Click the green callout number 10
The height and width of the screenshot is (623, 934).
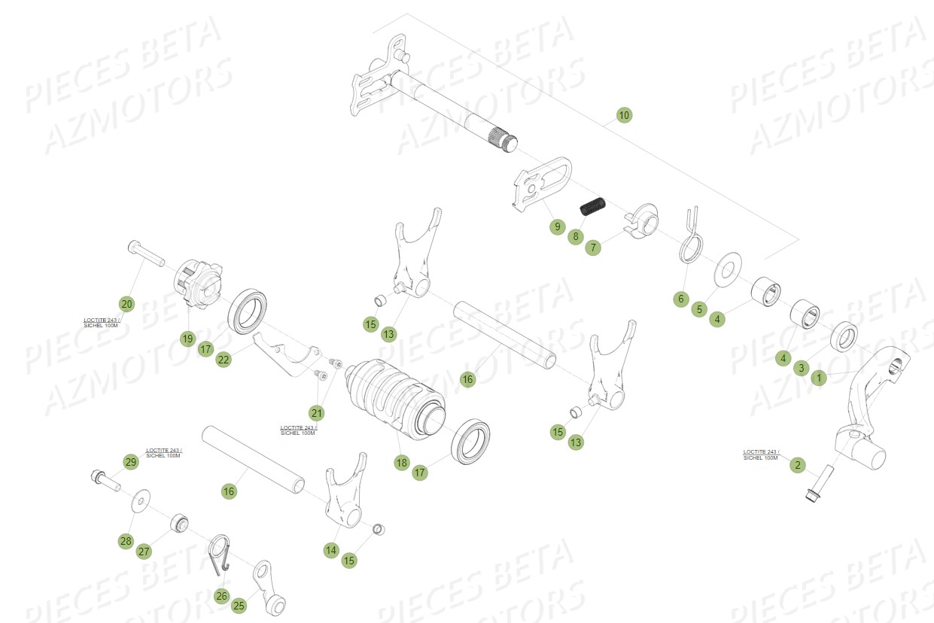click(x=623, y=115)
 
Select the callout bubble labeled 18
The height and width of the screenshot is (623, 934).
click(x=401, y=463)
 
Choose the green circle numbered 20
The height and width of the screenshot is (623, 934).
click(x=126, y=304)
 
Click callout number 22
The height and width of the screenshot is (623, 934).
click(x=224, y=360)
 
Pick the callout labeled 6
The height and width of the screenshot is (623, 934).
click(x=681, y=299)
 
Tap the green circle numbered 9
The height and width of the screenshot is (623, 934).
click(x=556, y=226)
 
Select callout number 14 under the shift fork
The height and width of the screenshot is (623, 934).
click(x=331, y=551)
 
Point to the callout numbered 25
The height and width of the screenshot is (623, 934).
click(x=239, y=605)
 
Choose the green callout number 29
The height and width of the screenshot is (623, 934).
click(x=131, y=462)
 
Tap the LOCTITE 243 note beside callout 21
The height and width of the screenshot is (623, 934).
click(x=298, y=430)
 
